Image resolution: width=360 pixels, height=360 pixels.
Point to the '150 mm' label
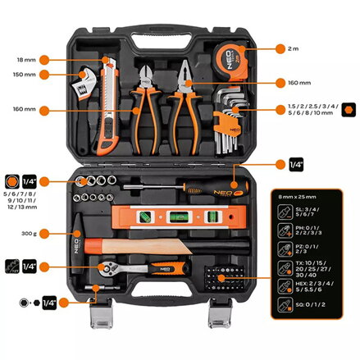point(24,75)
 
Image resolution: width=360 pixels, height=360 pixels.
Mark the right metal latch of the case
point(220,312)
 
